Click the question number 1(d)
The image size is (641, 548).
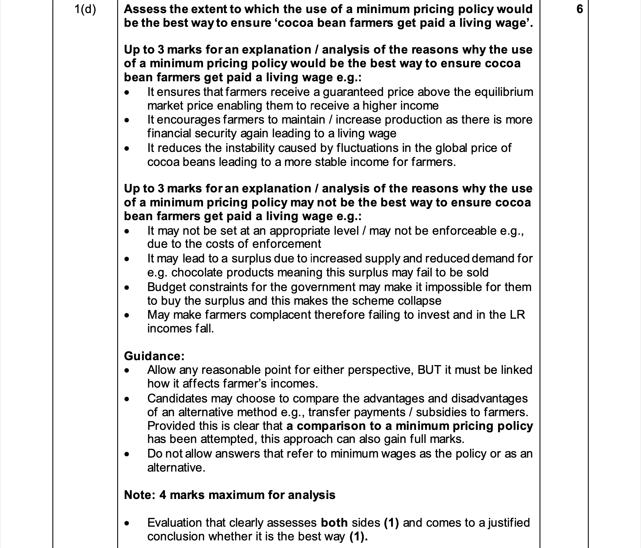[85, 10]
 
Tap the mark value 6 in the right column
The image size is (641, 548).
[580, 9]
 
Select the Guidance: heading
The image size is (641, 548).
[154, 356]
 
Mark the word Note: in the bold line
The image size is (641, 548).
[139, 495]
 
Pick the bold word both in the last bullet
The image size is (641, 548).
[334, 523]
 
